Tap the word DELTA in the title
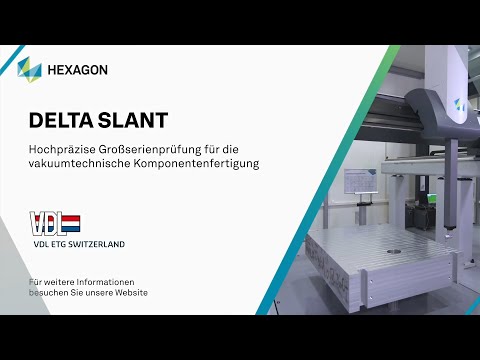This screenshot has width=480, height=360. point(61,121)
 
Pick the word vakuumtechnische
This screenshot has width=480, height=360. point(73,163)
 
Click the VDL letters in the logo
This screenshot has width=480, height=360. point(47,223)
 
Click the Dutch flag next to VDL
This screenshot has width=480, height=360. point(72,223)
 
